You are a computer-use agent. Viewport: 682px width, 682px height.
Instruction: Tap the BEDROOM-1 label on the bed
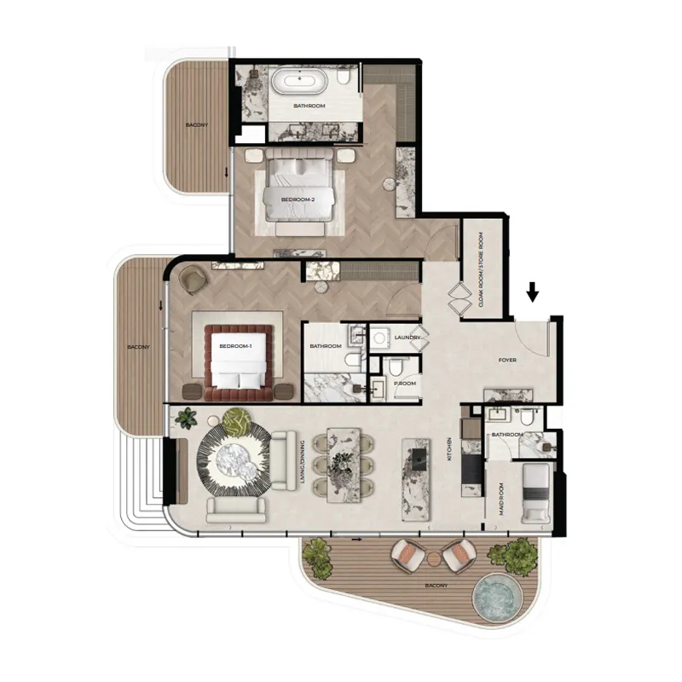pos(235,347)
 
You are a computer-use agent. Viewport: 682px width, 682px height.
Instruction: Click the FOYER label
pos(508,361)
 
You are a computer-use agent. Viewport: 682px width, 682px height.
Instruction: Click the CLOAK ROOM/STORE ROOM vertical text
pos(480,269)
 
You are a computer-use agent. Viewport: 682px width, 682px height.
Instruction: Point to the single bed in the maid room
pos(536,494)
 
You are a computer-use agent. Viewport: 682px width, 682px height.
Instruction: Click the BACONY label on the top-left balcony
pos(197,125)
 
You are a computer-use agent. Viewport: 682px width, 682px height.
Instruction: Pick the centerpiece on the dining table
pos(343,462)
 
